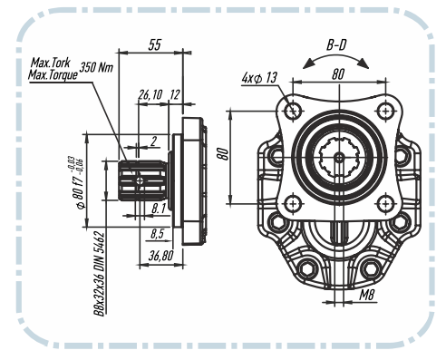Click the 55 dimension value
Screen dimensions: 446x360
[155, 44]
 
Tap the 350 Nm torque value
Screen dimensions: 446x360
[96, 67]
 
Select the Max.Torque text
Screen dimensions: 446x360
[53, 74]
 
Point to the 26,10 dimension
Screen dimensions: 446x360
[150, 94]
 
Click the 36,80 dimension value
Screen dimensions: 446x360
[161, 256]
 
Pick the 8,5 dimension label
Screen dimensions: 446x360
[157, 233]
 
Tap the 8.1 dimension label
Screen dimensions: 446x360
[159, 209]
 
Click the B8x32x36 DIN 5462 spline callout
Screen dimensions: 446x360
[99, 274]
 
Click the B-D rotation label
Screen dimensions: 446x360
[336, 45]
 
